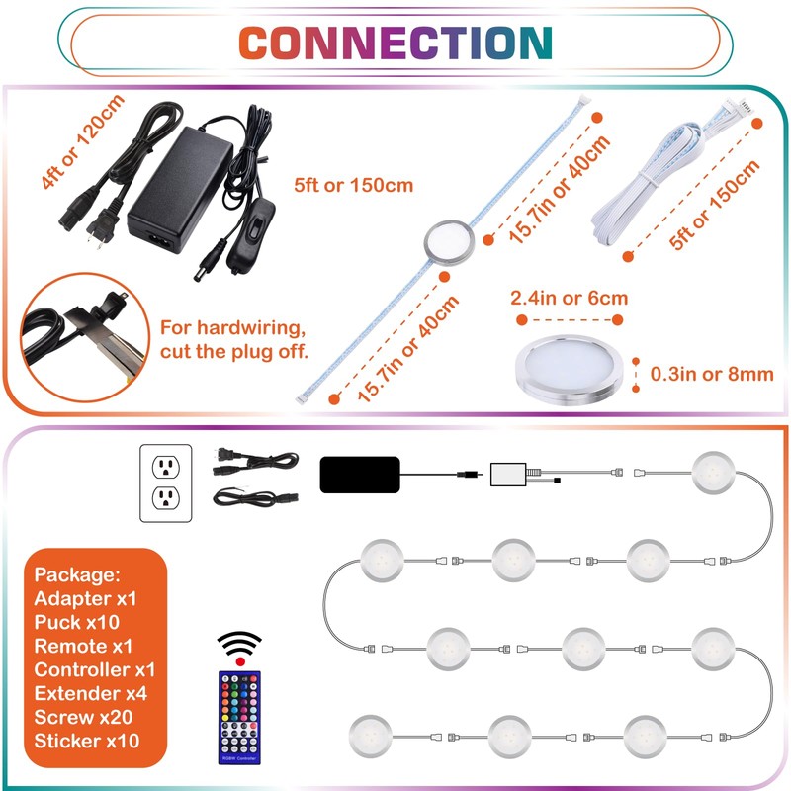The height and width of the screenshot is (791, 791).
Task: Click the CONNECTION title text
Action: (395, 43)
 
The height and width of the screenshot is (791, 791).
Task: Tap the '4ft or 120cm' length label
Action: (83, 141)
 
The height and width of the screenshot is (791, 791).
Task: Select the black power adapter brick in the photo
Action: (180, 189)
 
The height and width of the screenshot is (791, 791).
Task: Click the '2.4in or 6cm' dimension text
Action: (570, 298)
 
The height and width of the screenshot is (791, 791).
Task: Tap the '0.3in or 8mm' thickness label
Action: (712, 374)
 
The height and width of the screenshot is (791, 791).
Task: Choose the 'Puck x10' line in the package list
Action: (77, 622)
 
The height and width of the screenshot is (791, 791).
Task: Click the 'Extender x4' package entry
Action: (91, 693)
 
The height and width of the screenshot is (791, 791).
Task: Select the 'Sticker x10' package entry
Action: (87, 741)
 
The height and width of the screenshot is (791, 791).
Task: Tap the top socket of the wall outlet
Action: (166, 467)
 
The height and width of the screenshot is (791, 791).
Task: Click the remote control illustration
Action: (239, 716)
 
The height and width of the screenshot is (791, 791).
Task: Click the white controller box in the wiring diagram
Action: (508, 475)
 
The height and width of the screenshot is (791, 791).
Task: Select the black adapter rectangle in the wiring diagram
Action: (360, 475)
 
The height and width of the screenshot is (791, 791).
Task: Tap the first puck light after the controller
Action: (713, 473)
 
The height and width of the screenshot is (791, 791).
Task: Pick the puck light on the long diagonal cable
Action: (449, 240)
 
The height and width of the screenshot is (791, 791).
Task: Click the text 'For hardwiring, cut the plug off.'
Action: (233, 339)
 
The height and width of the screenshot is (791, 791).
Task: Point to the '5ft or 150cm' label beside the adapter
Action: (354, 185)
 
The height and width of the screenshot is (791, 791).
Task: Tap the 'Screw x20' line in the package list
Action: (83, 717)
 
